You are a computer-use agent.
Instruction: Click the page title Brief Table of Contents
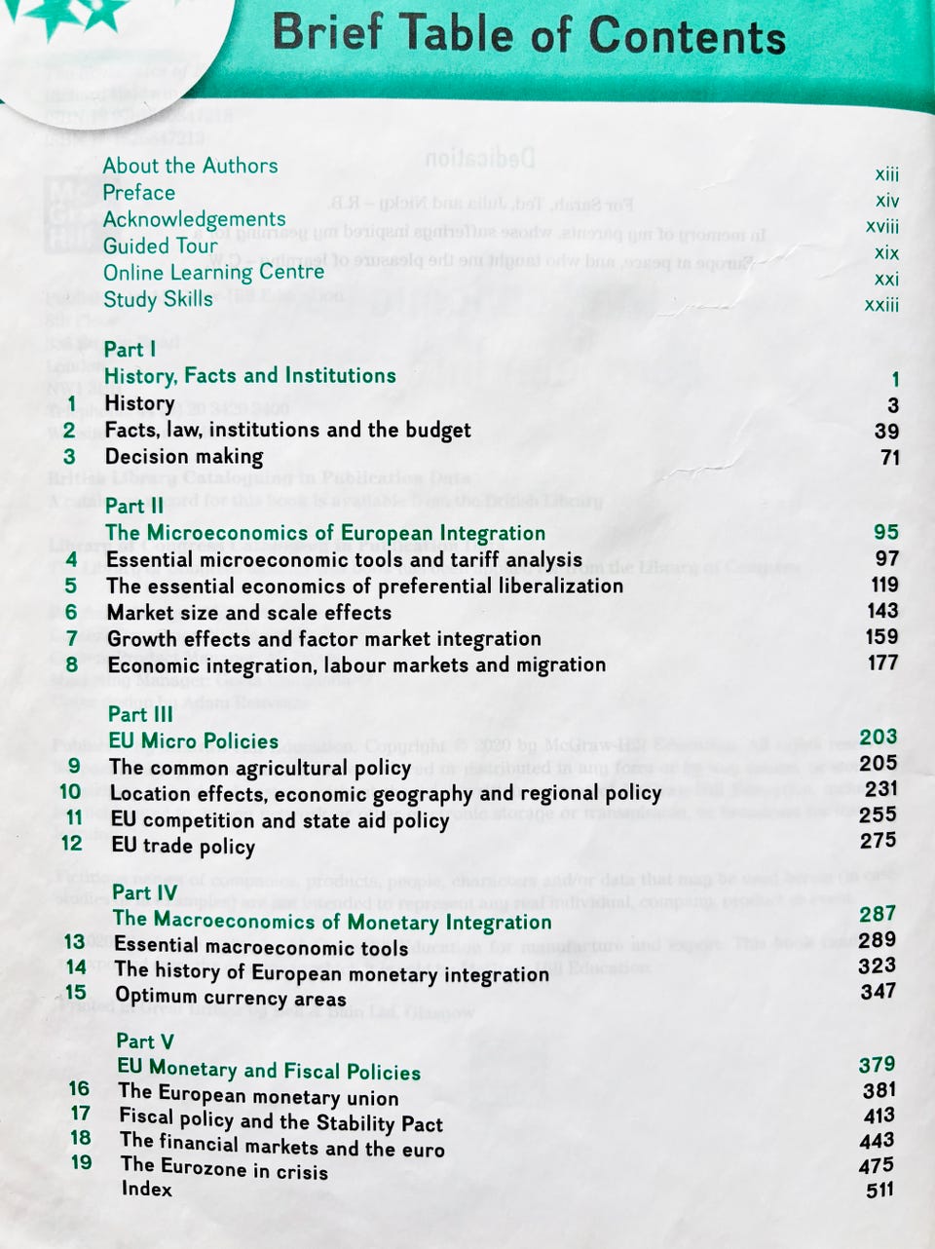(529, 34)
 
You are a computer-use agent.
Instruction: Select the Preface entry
(139, 192)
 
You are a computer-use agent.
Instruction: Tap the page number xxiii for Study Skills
(881, 305)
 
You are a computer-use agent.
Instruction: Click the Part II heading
(134, 506)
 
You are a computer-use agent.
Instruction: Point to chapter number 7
(72, 638)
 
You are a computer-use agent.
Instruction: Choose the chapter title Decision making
(184, 456)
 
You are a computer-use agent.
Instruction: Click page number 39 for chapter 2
(886, 431)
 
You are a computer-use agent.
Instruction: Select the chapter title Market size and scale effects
(249, 612)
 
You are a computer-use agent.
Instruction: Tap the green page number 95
(885, 532)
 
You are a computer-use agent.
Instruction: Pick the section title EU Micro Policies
(194, 740)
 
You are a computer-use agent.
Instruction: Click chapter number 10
(70, 791)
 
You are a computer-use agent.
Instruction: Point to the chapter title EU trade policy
(183, 845)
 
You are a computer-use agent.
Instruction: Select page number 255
(879, 814)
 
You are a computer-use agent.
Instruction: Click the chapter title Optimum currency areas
(231, 998)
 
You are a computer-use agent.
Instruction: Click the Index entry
(146, 1189)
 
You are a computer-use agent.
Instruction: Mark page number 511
(879, 1190)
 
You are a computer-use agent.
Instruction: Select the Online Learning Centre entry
(213, 272)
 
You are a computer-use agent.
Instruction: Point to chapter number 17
(80, 1113)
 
